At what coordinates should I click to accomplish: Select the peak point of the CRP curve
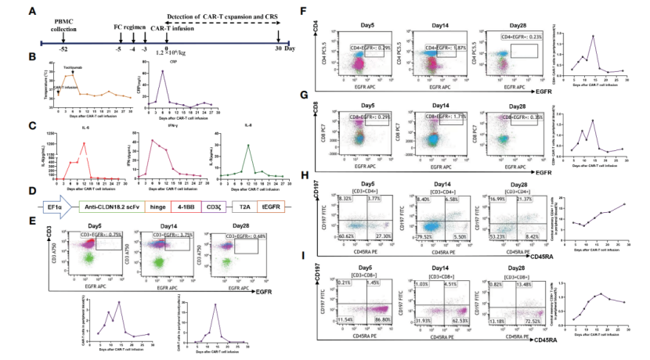(x=162, y=72)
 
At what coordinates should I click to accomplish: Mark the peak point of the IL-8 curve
(x=249, y=145)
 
